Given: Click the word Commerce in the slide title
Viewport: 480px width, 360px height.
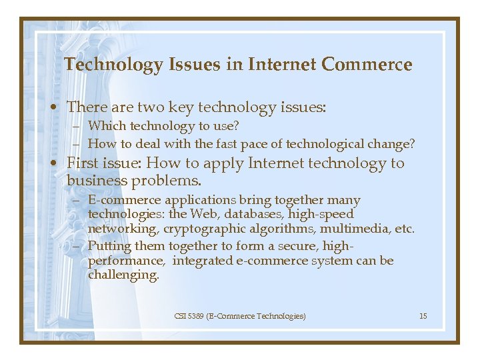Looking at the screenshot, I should [x=367, y=65].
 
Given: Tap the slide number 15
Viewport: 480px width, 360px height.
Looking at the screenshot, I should [x=423, y=315].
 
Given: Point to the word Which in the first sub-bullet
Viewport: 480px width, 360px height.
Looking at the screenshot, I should [x=107, y=125].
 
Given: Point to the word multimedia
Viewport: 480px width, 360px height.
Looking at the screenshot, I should [x=357, y=229].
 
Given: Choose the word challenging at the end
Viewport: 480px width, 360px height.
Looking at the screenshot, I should [x=123, y=275].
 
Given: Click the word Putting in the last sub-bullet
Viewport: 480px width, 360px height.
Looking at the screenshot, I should [x=109, y=246].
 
